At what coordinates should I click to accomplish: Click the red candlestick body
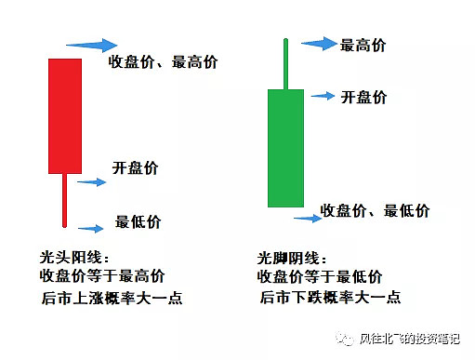64,115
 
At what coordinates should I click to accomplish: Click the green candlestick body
285,148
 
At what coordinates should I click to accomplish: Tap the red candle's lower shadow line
64,199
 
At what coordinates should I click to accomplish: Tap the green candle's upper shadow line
285,62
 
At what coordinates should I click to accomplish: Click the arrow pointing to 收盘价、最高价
91,45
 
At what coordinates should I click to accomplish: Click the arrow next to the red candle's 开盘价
92,181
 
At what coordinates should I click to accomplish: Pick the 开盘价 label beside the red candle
135,168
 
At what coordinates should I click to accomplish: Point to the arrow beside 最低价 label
92,226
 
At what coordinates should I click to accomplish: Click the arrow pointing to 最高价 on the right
319,43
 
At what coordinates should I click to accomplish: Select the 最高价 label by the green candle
363,45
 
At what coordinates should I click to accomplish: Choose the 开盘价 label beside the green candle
363,97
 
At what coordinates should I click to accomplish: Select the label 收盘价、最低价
375,210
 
